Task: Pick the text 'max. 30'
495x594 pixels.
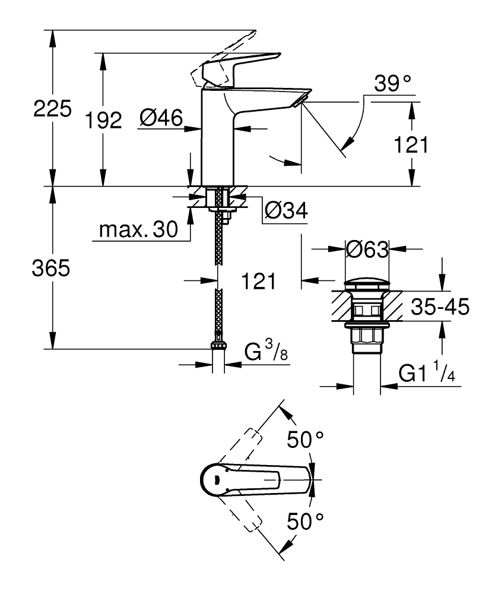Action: (x=138, y=230)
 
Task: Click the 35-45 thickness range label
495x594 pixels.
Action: (x=441, y=307)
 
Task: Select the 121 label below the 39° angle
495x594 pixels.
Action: (x=411, y=145)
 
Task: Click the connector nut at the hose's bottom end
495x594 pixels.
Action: (x=219, y=346)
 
